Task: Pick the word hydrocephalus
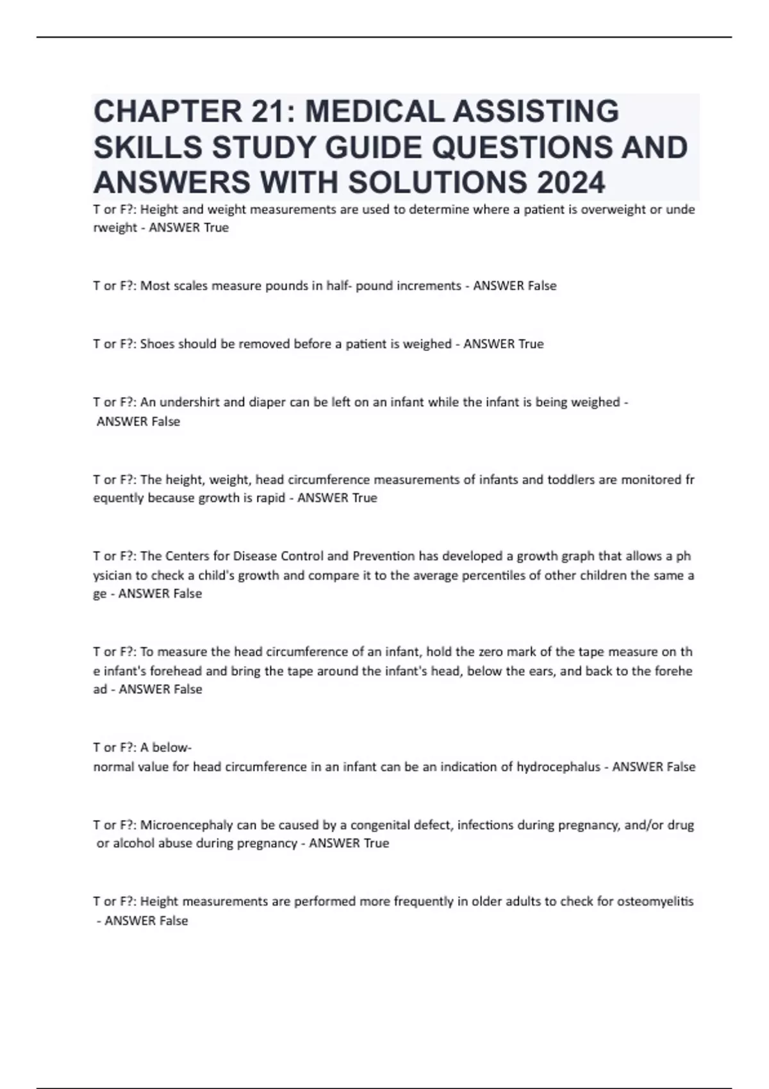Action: [x=558, y=767]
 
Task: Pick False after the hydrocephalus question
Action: [x=681, y=767]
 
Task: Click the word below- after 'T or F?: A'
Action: [x=172, y=748]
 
